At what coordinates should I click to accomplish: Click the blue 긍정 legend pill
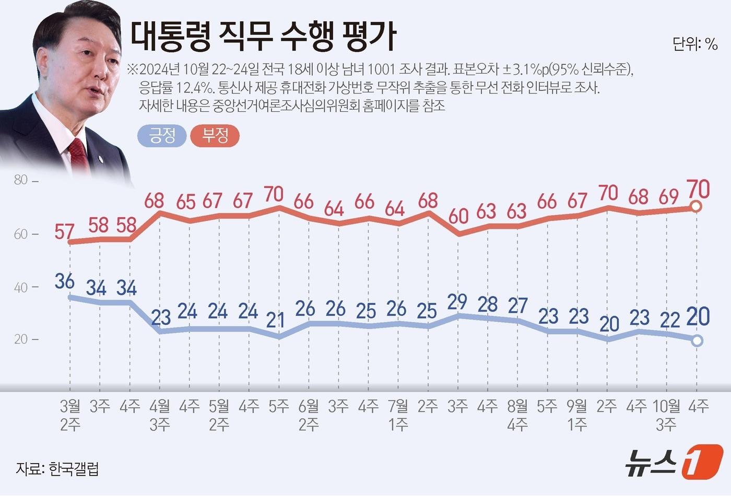click(x=162, y=136)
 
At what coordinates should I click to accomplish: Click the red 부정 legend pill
click(x=215, y=136)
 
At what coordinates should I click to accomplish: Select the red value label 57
click(x=64, y=231)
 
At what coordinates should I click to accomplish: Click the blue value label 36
click(x=64, y=281)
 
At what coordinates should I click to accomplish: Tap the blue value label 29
click(x=457, y=302)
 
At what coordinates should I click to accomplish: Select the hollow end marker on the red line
click(x=696, y=207)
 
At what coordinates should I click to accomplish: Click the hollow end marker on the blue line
click(x=697, y=341)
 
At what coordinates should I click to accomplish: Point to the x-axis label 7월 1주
click(x=398, y=415)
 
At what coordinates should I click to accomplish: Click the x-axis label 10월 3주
click(x=667, y=415)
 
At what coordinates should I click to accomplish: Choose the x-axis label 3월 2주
click(x=70, y=415)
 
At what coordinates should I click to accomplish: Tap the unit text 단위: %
click(x=694, y=44)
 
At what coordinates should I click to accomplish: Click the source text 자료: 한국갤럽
click(x=57, y=468)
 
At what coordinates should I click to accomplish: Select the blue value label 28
click(x=488, y=304)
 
